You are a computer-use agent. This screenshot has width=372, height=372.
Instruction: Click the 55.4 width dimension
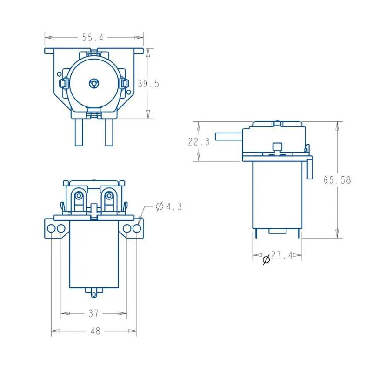[93, 38]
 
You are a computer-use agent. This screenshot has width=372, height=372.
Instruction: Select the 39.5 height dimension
[148, 84]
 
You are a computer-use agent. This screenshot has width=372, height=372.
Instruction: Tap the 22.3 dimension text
[199, 142]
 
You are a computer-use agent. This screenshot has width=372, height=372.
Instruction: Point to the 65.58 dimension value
[337, 180]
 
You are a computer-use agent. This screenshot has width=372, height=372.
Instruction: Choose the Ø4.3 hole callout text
[169, 206]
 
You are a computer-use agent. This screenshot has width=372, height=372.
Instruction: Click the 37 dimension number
[93, 313]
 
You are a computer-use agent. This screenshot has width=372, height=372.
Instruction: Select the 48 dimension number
[95, 331]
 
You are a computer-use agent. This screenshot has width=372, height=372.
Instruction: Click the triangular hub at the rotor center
[94, 84]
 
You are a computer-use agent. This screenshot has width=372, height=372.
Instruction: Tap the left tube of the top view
[79, 132]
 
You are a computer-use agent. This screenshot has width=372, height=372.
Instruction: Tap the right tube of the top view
[109, 132]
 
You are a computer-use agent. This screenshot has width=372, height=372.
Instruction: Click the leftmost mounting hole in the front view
[51, 228]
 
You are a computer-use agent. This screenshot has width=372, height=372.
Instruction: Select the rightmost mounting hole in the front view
[137, 228]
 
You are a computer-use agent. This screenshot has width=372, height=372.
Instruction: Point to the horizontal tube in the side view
[229, 136]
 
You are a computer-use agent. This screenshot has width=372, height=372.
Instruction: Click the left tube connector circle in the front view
[79, 196]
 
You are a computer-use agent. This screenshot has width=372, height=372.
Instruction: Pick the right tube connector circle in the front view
[109, 196]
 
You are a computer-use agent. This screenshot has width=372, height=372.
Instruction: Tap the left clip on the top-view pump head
[63, 84]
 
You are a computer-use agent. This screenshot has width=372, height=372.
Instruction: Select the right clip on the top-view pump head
[125, 84]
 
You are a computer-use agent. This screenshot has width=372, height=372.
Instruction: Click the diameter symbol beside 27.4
[266, 259]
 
